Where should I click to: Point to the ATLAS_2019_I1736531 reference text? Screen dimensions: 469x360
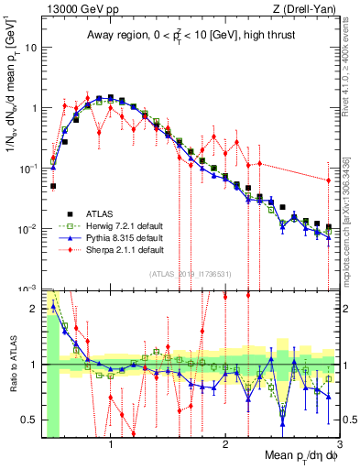(x=191, y=274)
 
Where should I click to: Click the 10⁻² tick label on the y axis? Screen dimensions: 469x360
(x=27, y=228)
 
